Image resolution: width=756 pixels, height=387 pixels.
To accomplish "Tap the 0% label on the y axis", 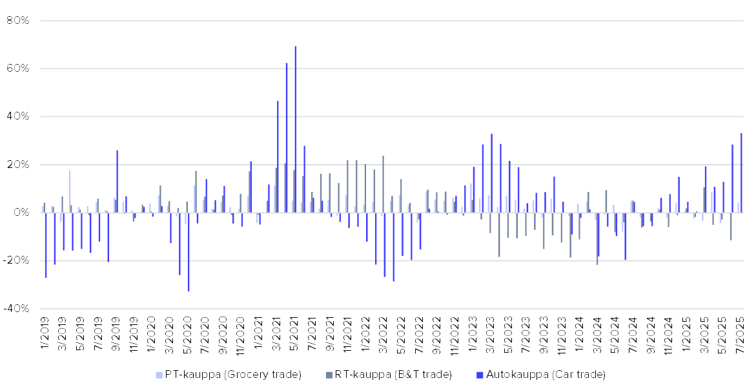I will click(22, 213).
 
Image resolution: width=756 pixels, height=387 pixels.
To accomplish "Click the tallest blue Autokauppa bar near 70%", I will click(296, 129).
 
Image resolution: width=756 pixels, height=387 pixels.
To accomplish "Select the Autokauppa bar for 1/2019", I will click(46, 245).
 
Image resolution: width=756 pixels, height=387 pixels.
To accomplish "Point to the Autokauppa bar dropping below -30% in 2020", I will click(189, 252).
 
